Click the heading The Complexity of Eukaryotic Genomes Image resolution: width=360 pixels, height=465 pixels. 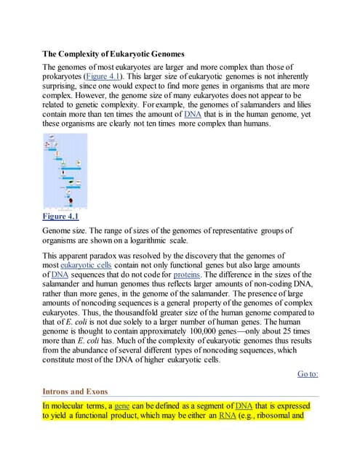point(123,53)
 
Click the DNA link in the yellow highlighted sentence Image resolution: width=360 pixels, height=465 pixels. point(244,405)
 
